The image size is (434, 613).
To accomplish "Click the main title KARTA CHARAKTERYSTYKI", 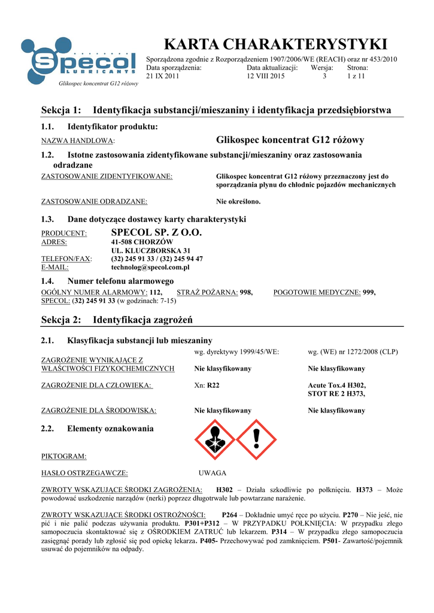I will [x=275, y=44].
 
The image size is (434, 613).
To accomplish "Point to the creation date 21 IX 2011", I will [x=163, y=77].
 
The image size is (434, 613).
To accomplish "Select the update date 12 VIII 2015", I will [x=266, y=77].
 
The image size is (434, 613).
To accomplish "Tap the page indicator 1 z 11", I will [x=356, y=77].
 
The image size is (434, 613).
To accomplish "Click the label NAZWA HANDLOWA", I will [x=77, y=141].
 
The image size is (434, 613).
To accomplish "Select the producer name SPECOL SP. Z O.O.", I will [x=157, y=232].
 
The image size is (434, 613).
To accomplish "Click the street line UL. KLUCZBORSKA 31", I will [x=151, y=250].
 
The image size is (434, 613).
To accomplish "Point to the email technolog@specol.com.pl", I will [x=150, y=268].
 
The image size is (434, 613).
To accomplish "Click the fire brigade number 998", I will [x=246, y=292].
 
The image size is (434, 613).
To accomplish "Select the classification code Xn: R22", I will [x=207, y=386].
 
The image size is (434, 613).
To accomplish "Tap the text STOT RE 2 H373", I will [x=336, y=394].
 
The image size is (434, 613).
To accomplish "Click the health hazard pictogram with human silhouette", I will [x=215, y=439].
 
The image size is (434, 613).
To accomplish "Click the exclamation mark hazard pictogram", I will [x=256, y=439].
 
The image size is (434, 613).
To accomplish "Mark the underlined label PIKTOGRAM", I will [x=63, y=457].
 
